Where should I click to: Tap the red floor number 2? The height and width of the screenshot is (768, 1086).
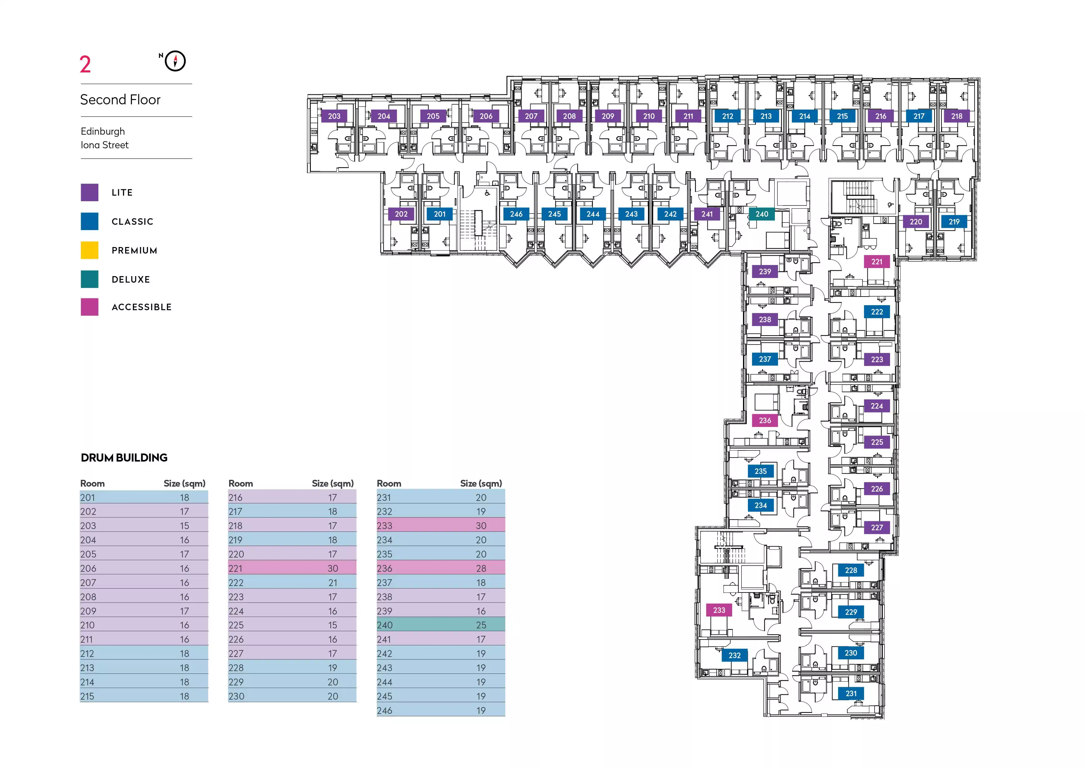85,65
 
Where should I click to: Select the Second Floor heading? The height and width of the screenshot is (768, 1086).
120,100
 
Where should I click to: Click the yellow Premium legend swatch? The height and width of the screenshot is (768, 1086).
89,250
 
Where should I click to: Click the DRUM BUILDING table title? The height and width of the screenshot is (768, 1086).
124,458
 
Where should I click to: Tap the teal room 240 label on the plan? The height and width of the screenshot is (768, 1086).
762,214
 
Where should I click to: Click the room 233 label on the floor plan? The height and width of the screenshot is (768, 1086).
719,610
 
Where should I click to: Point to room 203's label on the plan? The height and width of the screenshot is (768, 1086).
334,116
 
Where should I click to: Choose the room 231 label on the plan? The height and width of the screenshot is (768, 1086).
851,694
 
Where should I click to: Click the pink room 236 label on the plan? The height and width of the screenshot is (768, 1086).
765,420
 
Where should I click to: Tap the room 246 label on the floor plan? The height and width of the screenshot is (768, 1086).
516,214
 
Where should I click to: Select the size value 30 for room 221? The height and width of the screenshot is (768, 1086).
332,568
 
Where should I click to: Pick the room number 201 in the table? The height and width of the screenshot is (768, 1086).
88,497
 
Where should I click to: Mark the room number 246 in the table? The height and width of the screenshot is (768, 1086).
384,710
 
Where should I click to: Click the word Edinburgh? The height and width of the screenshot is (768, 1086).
103,132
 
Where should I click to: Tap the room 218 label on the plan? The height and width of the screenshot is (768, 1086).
956,116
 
